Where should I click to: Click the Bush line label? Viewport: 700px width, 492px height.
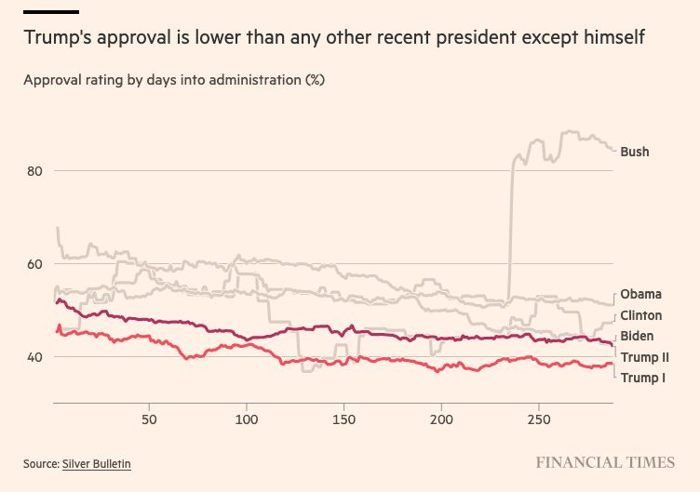point(635,152)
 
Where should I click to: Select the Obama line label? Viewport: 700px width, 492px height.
point(640,295)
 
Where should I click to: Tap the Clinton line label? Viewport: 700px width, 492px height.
point(641,316)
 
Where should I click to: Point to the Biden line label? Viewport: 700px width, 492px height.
point(637,337)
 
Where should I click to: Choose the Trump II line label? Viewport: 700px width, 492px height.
point(644,357)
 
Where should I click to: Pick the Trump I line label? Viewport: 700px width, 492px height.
point(642,378)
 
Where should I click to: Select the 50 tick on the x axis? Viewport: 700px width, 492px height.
point(149,419)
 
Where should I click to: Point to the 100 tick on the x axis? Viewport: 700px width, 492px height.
point(247,419)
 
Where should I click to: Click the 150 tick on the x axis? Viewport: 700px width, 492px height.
point(343,419)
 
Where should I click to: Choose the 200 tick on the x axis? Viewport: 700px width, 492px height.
point(441,419)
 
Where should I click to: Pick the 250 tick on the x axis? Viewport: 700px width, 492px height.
point(539,419)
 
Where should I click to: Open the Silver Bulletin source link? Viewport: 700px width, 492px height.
point(97,463)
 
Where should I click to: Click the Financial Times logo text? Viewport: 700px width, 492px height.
point(605,462)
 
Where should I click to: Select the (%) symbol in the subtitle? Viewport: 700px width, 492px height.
point(314,80)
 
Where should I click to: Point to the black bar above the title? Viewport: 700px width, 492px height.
point(51,12)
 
